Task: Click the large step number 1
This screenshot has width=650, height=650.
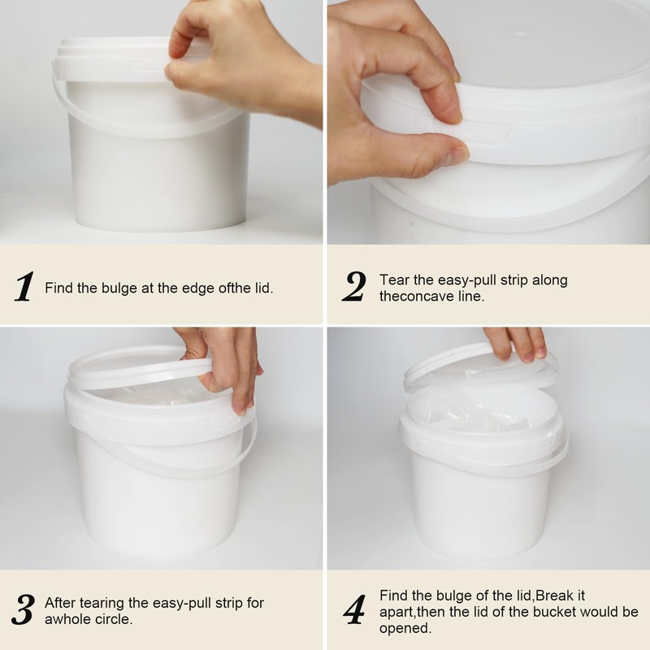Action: pyautogui.click(x=24, y=287)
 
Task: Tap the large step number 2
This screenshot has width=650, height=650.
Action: pyautogui.click(x=354, y=287)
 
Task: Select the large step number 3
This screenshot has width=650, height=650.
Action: pyautogui.click(x=23, y=610)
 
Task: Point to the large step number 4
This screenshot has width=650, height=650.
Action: pyautogui.click(x=355, y=610)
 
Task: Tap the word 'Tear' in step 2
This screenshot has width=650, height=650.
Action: pyautogui.click(x=394, y=279)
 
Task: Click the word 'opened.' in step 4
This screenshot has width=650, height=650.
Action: pyautogui.click(x=405, y=628)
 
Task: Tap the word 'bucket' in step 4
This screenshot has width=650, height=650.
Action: pyautogui.click(x=555, y=612)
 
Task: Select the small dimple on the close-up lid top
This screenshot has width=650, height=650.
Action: pyautogui.click(x=520, y=34)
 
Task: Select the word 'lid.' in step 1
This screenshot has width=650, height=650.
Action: pyautogui.click(x=263, y=288)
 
